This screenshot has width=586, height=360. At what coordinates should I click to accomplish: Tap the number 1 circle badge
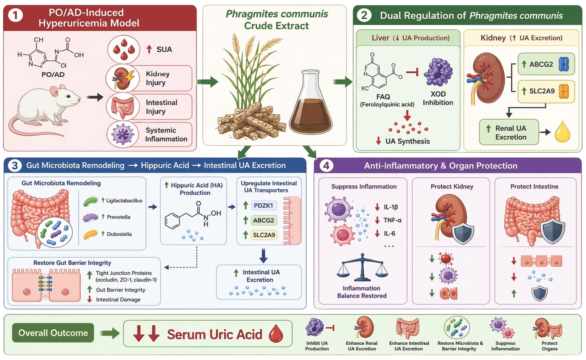(16, 16)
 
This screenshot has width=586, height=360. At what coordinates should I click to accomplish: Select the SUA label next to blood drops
(164, 50)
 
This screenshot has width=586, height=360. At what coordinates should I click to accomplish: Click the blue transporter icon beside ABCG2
(564, 64)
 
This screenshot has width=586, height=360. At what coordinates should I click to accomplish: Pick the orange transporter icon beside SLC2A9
(564, 91)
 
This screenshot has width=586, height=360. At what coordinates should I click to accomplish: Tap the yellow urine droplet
(562, 132)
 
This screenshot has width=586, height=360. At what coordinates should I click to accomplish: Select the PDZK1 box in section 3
(264, 205)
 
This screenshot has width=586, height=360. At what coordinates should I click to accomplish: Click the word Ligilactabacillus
(124, 201)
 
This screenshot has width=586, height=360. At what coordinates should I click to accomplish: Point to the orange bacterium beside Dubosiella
(90, 234)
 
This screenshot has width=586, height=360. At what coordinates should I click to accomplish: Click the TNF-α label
(393, 220)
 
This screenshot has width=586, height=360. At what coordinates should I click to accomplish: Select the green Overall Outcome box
(53, 333)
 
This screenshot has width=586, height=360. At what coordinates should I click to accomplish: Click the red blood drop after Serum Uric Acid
(276, 333)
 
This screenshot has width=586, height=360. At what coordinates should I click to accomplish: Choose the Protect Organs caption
(549, 346)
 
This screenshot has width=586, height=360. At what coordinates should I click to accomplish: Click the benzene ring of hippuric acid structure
(172, 221)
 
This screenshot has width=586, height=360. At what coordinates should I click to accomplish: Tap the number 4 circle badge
(326, 166)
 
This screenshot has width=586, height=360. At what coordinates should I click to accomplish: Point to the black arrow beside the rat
(95, 97)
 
